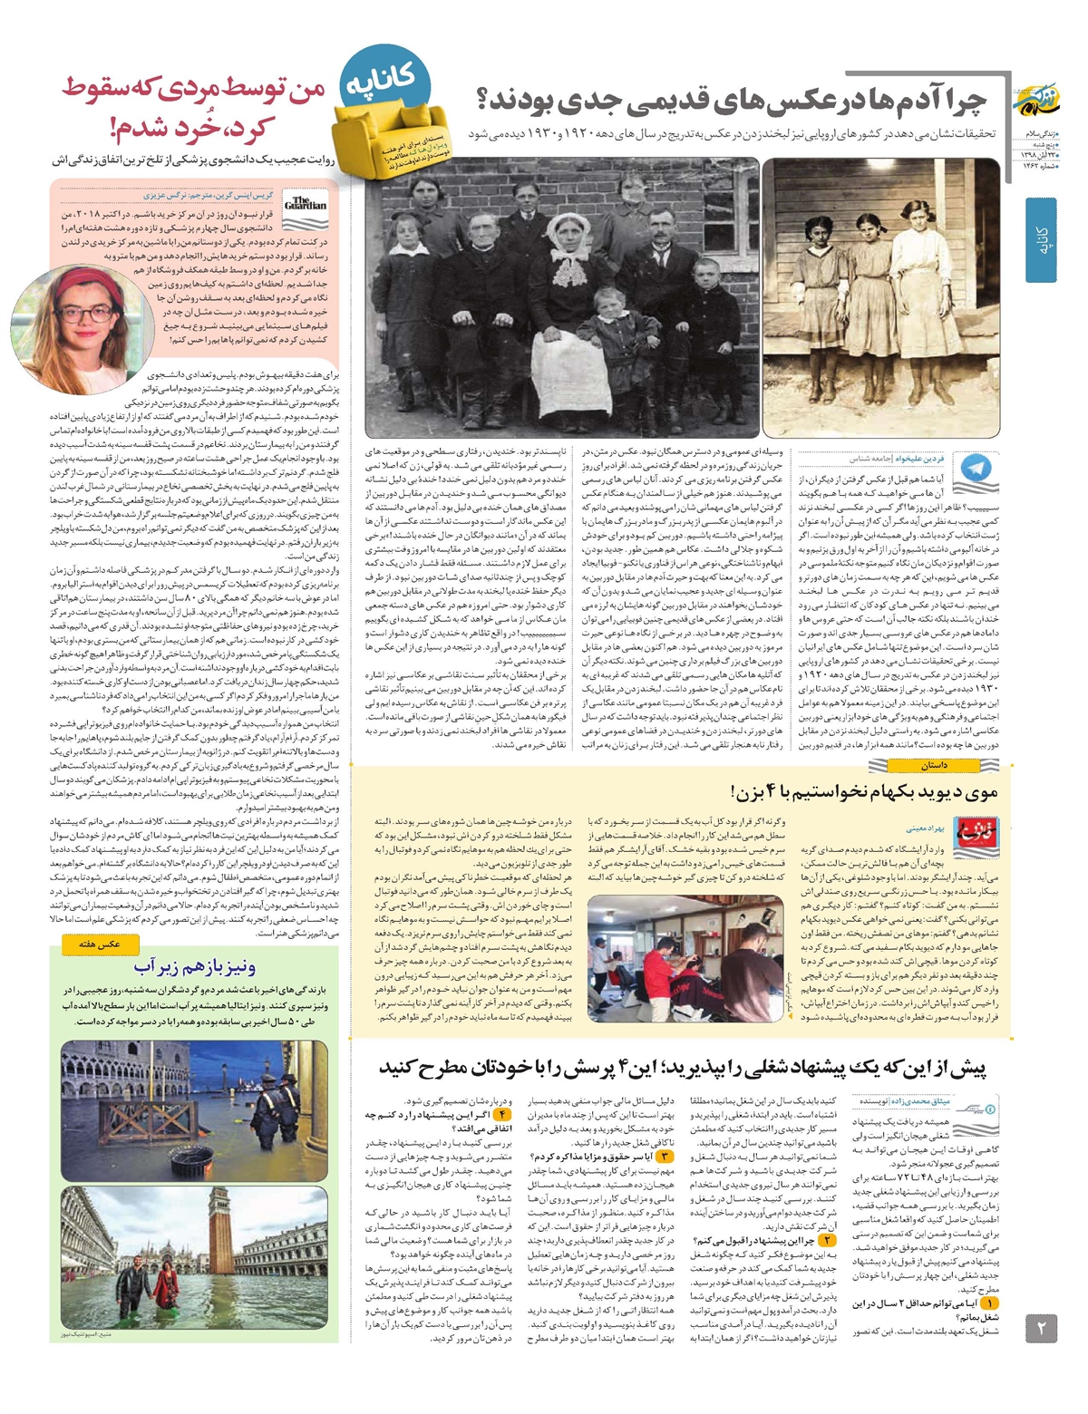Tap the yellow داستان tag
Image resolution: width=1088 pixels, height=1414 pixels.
pyautogui.click(x=933, y=766)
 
